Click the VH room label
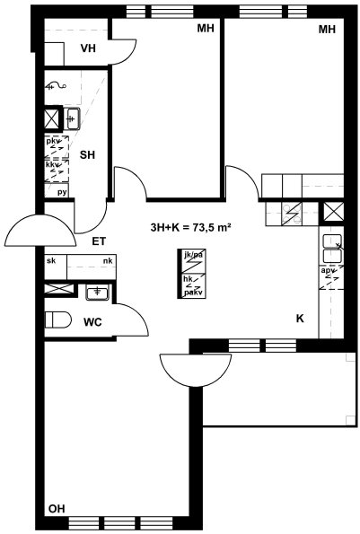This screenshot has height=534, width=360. (x=88, y=48)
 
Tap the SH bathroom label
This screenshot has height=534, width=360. (x=87, y=155)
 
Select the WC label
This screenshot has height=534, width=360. (x=92, y=322)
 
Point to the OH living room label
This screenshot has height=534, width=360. (x=57, y=509)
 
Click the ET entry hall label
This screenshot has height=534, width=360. (x=99, y=241)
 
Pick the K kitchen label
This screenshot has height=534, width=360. (x=300, y=319)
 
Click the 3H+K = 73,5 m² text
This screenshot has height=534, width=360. (x=191, y=227)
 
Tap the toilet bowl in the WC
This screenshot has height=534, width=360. (x=57, y=320)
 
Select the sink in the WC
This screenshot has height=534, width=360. (x=98, y=293)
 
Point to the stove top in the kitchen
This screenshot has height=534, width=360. (x=292, y=214)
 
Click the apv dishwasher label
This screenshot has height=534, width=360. (x=327, y=271)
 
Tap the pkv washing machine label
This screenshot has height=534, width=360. (x=52, y=140)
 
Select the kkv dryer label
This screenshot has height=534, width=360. (x=52, y=165)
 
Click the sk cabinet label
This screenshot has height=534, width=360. (x=51, y=261)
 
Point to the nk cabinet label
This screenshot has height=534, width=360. (x=108, y=261)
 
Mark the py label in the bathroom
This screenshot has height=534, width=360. (x=62, y=193)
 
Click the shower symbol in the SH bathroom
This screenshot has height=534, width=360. (x=56, y=86)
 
